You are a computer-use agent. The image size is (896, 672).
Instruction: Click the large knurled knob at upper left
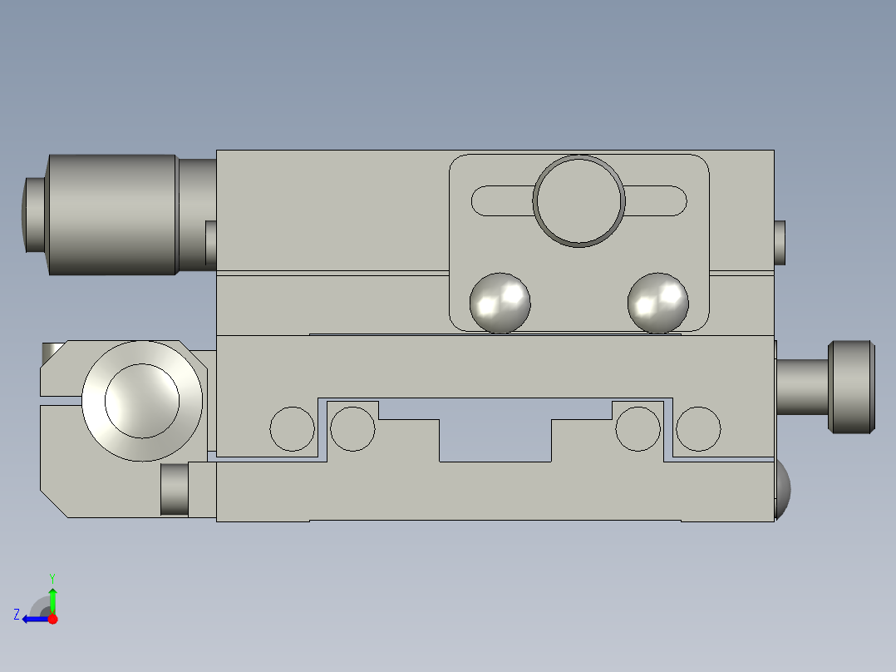pyautogui.click(x=112, y=215)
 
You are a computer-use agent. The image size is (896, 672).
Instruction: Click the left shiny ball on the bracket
pyautogui.click(x=500, y=303)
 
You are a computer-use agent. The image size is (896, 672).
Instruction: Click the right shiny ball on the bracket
pyautogui.click(x=657, y=303)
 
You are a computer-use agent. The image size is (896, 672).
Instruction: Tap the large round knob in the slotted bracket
pyautogui.click(x=578, y=200)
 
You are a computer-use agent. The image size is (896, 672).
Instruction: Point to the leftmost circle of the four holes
pyautogui.click(x=293, y=429)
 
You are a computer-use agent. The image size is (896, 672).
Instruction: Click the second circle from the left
pyautogui.click(x=353, y=429)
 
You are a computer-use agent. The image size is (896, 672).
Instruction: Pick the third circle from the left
pyautogui.click(x=638, y=429)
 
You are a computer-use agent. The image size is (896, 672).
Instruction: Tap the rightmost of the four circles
pyautogui.click(x=698, y=429)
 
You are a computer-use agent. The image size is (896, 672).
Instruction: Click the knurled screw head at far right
pyautogui.click(x=852, y=387)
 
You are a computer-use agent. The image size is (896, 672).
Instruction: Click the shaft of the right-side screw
pyautogui.click(x=802, y=387)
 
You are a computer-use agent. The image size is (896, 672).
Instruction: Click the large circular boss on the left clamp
pyautogui.click(x=142, y=401)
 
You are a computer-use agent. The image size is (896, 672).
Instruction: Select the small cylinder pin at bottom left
pyautogui.click(x=174, y=489)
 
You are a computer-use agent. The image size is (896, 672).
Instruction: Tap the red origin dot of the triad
pyautogui.click(x=52, y=619)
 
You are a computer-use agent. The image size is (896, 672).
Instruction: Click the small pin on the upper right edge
pyautogui.click(x=780, y=242)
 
